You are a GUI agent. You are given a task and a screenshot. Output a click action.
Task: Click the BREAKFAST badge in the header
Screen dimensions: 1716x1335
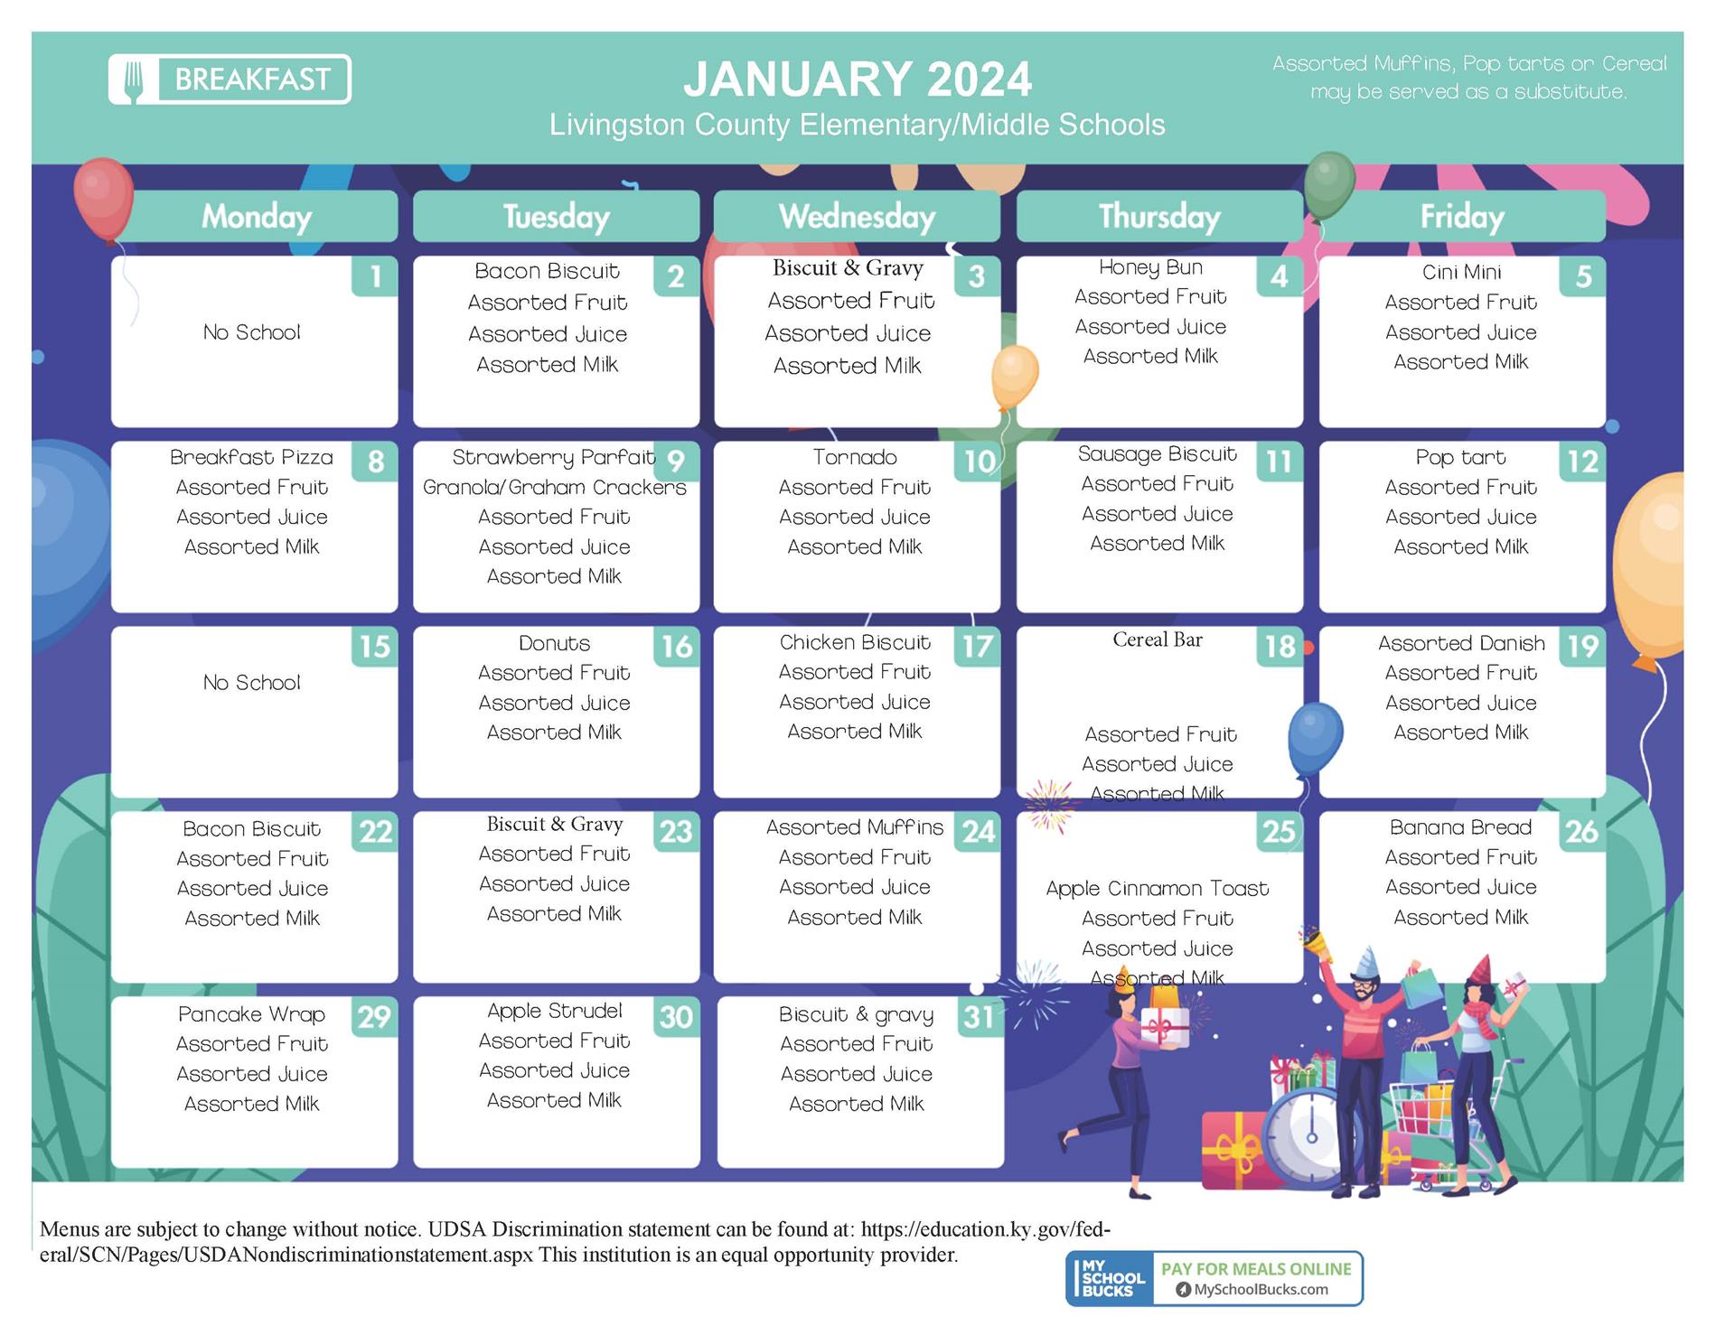(x=230, y=79)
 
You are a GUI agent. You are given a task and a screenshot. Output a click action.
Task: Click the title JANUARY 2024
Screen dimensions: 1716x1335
(x=857, y=79)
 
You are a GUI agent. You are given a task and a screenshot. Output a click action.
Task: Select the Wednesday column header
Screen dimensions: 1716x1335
(x=857, y=217)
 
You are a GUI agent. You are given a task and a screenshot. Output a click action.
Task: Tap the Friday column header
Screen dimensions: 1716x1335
(x=1462, y=217)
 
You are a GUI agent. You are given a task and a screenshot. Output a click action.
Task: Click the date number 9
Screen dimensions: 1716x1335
(x=676, y=462)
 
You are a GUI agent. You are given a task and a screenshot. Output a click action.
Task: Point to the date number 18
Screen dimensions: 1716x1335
(x=1280, y=647)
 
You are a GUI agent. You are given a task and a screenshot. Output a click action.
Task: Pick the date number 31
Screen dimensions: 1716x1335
(x=979, y=1017)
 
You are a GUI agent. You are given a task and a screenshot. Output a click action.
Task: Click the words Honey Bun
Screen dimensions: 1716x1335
(x=1150, y=267)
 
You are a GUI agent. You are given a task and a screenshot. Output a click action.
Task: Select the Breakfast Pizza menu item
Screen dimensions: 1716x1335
(x=251, y=457)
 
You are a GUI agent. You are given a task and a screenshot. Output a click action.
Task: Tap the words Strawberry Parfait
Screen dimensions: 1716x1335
(x=553, y=458)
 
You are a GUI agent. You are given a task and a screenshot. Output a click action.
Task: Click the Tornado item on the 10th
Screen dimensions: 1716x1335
(x=855, y=457)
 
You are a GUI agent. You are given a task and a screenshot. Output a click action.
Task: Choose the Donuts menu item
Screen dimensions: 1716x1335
(x=554, y=643)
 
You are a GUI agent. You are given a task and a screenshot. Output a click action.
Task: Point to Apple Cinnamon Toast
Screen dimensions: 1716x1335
(x=1158, y=889)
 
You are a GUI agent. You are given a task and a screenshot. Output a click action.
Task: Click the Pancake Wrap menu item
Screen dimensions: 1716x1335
(x=251, y=1014)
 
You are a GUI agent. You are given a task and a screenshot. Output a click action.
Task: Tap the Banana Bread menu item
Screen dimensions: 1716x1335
(x=1461, y=827)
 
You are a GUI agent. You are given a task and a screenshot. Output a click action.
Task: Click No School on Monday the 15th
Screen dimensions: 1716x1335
(x=251, y=683)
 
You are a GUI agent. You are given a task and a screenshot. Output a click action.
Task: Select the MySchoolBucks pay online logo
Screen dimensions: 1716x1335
(x=1214, y=1278)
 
